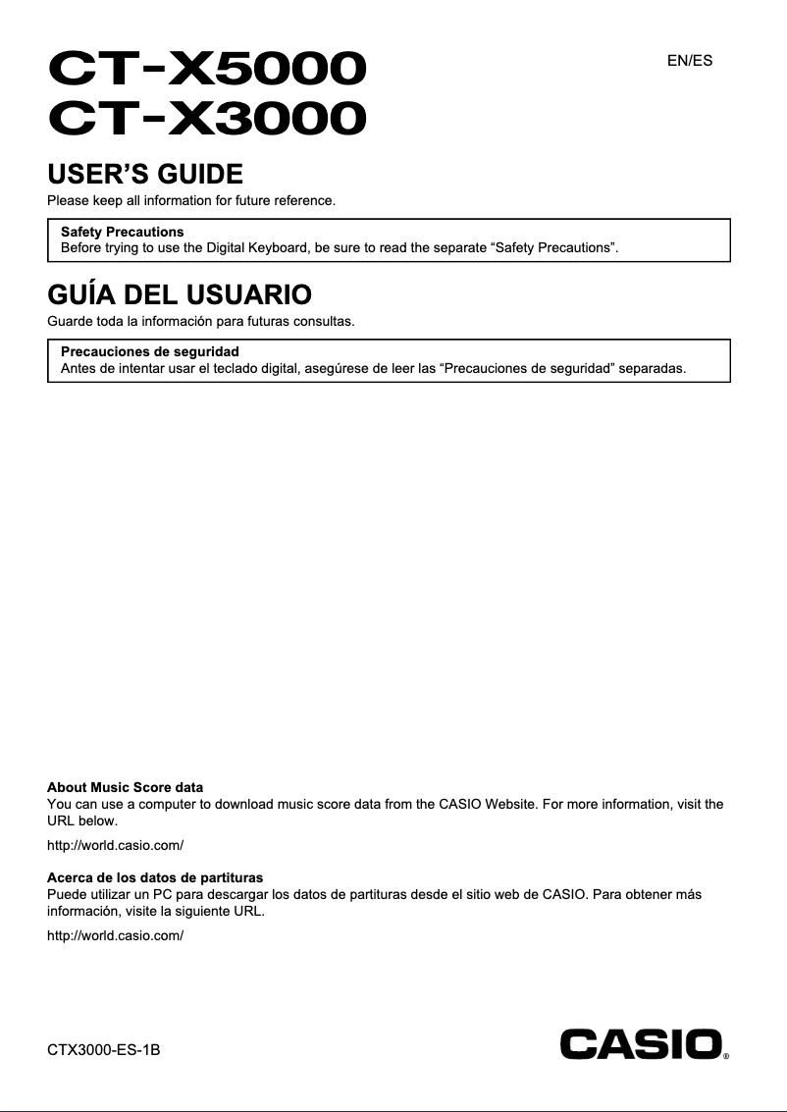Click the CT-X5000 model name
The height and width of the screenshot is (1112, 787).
(208, 70)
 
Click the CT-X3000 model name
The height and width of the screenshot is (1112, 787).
(208, 121)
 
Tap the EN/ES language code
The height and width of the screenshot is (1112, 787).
(690, 61)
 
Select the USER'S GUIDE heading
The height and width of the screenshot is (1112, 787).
(145, 176)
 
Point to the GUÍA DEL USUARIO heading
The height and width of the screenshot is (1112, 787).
(180, 293)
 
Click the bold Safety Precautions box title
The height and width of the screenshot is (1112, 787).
(122, 232)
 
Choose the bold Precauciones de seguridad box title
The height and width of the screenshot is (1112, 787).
(150, 351)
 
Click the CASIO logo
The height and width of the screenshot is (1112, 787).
(641, 1043)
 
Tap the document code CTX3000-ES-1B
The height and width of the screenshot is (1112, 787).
(104, 1051)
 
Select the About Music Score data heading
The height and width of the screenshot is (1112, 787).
(126, 787)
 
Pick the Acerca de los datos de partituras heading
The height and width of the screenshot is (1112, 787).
(155, 876)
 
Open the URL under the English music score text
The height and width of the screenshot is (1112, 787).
(116, 845)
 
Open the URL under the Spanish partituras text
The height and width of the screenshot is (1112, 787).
(116, 935)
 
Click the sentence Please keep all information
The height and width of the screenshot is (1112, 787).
(191, 201)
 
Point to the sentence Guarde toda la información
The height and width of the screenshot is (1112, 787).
(200, 321)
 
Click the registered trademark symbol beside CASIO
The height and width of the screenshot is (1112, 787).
(726, 1058)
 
